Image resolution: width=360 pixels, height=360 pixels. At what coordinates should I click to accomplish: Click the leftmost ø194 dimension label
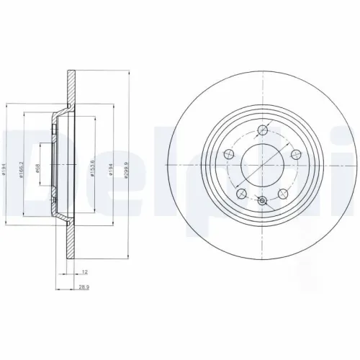[6, 170]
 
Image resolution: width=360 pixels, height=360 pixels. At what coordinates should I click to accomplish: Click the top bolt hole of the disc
[263, 131]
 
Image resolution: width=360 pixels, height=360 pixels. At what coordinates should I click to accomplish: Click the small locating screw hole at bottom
[263, 202]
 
